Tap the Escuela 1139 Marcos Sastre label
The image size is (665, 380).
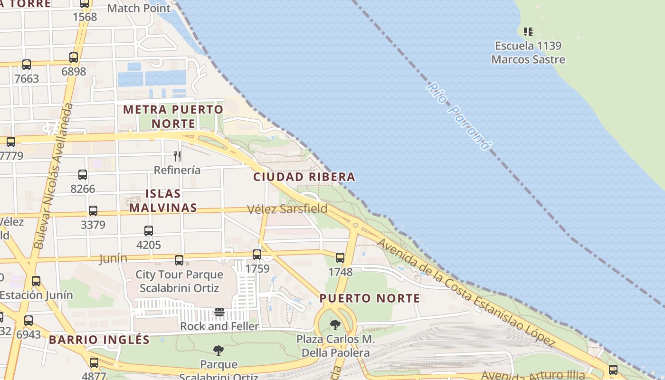[x=528, y=53]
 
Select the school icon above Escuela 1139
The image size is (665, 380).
[x=528, y=32]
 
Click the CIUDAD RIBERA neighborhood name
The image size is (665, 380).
[x=304, y=177]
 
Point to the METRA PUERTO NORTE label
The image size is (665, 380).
[x=173, y=117]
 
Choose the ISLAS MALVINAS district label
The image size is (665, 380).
[x=163, y=200]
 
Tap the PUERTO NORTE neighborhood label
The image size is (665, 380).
[x=370, y=299]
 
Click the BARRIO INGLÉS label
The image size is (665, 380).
[x=99, y=340]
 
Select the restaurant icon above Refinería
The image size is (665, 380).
[x=177, y=156]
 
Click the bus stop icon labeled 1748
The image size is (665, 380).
[x=340, y=258]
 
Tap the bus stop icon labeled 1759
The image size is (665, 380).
[x=257, y=255]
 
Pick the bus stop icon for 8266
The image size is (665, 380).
[x=83, y=175]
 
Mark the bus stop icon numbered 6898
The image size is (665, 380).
[x=74, y=57]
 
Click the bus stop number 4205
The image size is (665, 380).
[x=149, y=245]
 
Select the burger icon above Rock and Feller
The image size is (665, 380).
[x=219, y=312]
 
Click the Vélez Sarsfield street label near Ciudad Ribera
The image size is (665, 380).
[x=287, y=209]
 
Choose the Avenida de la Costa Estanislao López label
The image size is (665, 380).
[x=465, y=292]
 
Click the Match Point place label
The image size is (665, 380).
[x=139, y=8]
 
